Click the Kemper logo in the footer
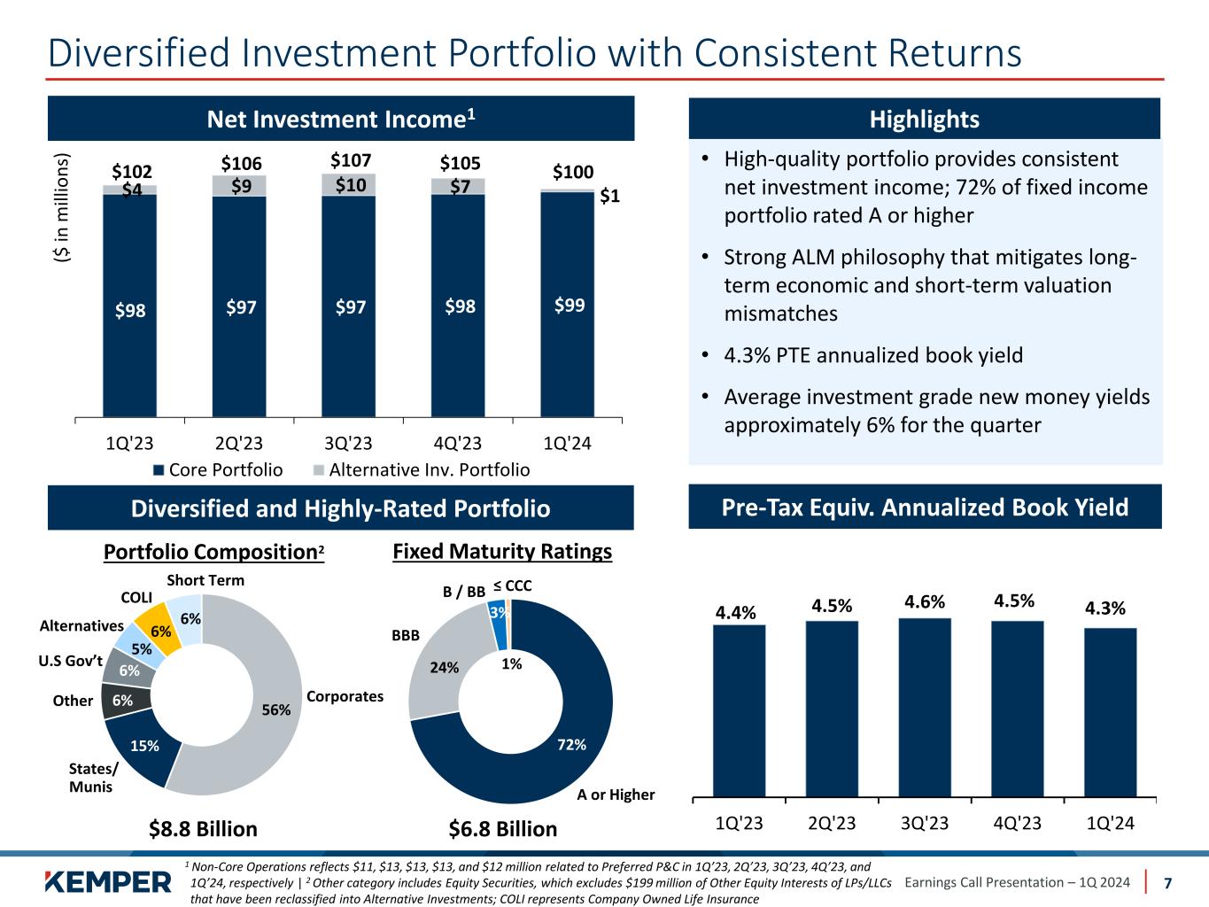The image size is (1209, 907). click(x=108, y=882)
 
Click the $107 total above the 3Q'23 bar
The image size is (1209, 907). click(x=351, y=161)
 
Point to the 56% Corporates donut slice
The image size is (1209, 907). click(x=266, y=700)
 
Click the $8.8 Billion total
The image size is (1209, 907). click(x=203, y=829)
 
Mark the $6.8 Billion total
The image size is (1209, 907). click(x=503, y=829)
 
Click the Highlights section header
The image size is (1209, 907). click(x=924, y=120)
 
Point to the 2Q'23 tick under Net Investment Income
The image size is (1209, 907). click(x=240, y=443)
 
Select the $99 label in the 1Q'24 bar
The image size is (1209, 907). click(x=569, y=306)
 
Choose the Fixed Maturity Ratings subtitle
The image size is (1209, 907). click(x=501, y=552)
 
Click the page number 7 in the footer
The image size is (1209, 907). click(x=1167, y=883)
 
